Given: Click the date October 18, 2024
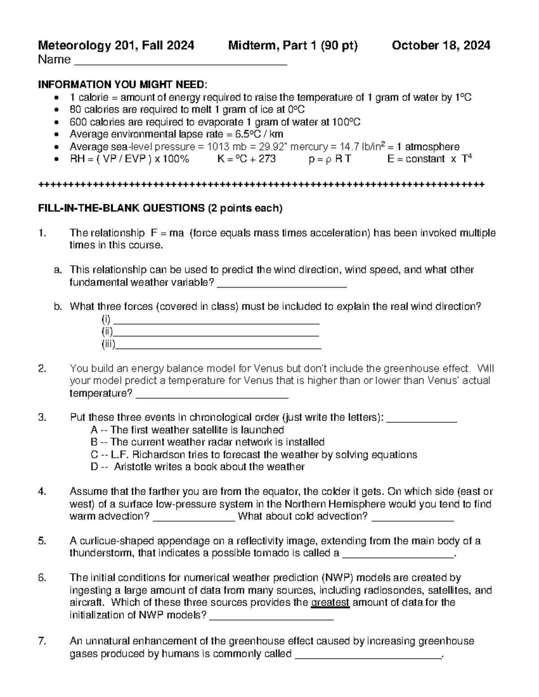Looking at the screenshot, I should coord(441,45).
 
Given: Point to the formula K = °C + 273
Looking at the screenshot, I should coord(246,159).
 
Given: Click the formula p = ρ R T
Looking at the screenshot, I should coord(330,159).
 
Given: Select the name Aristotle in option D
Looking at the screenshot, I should coord(133,467).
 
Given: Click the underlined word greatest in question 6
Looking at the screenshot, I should coord(330,603).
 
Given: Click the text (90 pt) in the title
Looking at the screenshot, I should coord(339,45).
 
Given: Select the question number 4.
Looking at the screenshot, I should coord(42,491).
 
